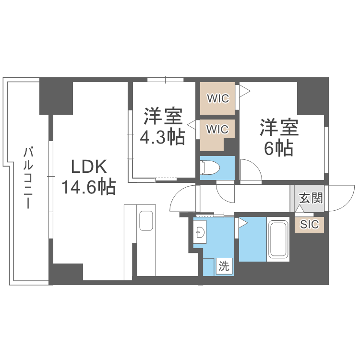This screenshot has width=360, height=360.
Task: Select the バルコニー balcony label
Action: click(28, 178)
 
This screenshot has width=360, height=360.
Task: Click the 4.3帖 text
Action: click(162, 138)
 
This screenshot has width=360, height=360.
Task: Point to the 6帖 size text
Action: click(279, 149)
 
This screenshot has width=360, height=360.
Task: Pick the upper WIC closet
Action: click(217, 98)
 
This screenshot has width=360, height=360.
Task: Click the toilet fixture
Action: click(210, 168)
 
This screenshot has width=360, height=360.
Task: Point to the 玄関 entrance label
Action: click(310, 198)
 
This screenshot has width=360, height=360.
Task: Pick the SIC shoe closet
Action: click(309, 224)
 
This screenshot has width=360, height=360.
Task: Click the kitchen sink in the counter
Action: click(146, 221)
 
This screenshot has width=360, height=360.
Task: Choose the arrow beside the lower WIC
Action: click(192, 125)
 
